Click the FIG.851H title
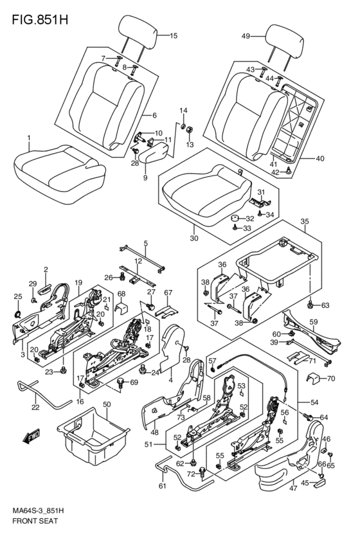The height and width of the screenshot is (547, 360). click(40, 20)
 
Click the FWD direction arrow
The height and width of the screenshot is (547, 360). click(32, 436)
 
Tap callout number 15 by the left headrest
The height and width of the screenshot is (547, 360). click(174, 35)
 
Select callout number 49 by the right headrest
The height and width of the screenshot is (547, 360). click(246, 36)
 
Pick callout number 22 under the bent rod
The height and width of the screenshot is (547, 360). click(35, 407)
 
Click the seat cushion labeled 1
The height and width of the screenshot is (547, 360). click(60, 174)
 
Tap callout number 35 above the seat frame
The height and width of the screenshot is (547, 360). click(305, 221)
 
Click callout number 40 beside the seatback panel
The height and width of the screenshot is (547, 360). click(319, 159)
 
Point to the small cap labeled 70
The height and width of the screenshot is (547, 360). click(312, 378)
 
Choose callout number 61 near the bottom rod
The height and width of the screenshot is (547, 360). click(163, 487)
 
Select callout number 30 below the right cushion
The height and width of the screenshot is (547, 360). click(194, 238)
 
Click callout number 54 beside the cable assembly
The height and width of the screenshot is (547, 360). click(314, 402)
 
